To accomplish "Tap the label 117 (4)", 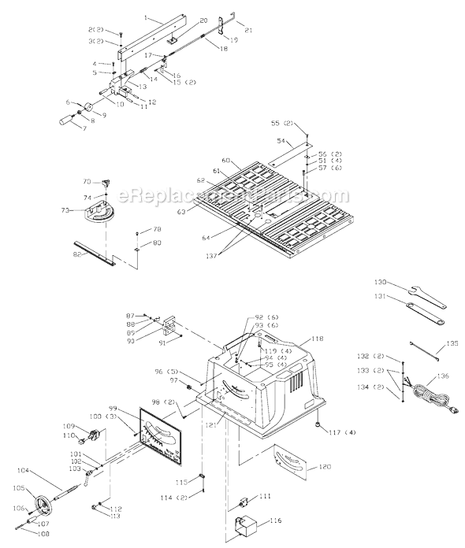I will [x=343, y=431].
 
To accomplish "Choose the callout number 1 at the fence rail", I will [x=146, y=17].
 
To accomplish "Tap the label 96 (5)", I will [x=166, y=371].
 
